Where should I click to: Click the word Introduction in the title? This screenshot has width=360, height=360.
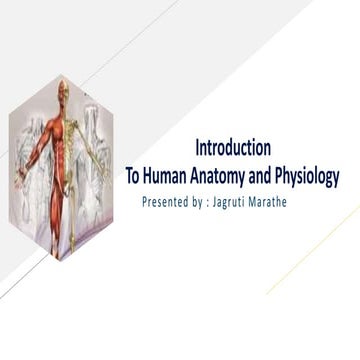232,150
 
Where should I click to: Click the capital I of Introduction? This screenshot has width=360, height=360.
198,150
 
